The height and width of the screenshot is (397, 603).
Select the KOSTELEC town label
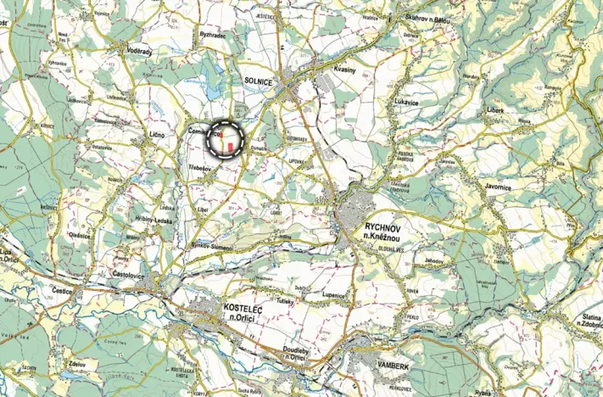(221, 306)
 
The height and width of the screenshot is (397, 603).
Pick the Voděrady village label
(137, 51)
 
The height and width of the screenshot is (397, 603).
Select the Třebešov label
(200, 169)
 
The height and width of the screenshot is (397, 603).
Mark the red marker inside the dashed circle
(229, 147)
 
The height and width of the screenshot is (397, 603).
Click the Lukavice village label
(407, 100)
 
